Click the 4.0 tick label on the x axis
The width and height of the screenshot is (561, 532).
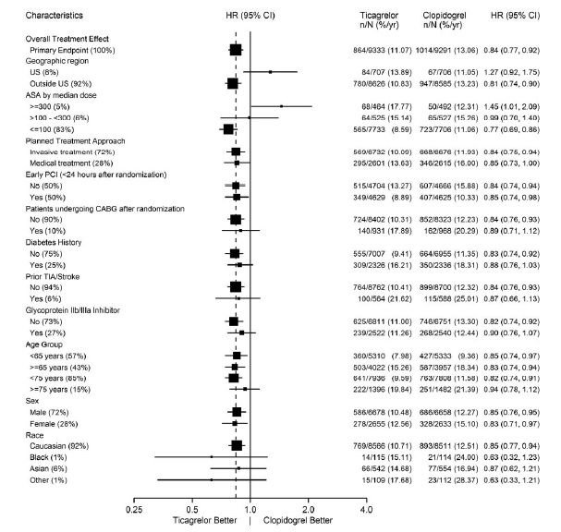point(366,508)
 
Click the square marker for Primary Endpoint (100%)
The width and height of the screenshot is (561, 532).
point(236,50)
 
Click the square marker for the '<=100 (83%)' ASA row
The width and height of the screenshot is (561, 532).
point(228,128)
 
